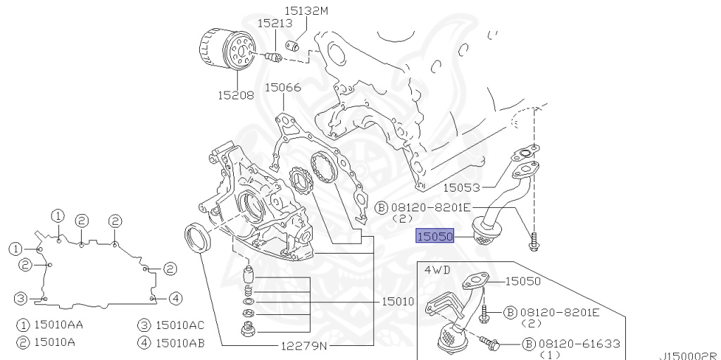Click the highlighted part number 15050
click(x=434, y=236)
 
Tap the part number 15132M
click(x=306, y=11)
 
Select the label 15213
click(x=275, y=23)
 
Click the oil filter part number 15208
click(x=235, y=95)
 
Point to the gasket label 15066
click(x=283, y=87)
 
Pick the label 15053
click(x=461, y=187)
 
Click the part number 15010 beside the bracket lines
click(x=398, y=302)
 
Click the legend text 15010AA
click(x=59, y=325)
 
